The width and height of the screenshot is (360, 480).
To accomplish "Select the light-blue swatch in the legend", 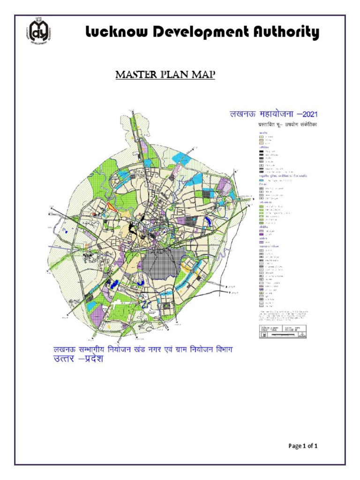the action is (262, 180).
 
